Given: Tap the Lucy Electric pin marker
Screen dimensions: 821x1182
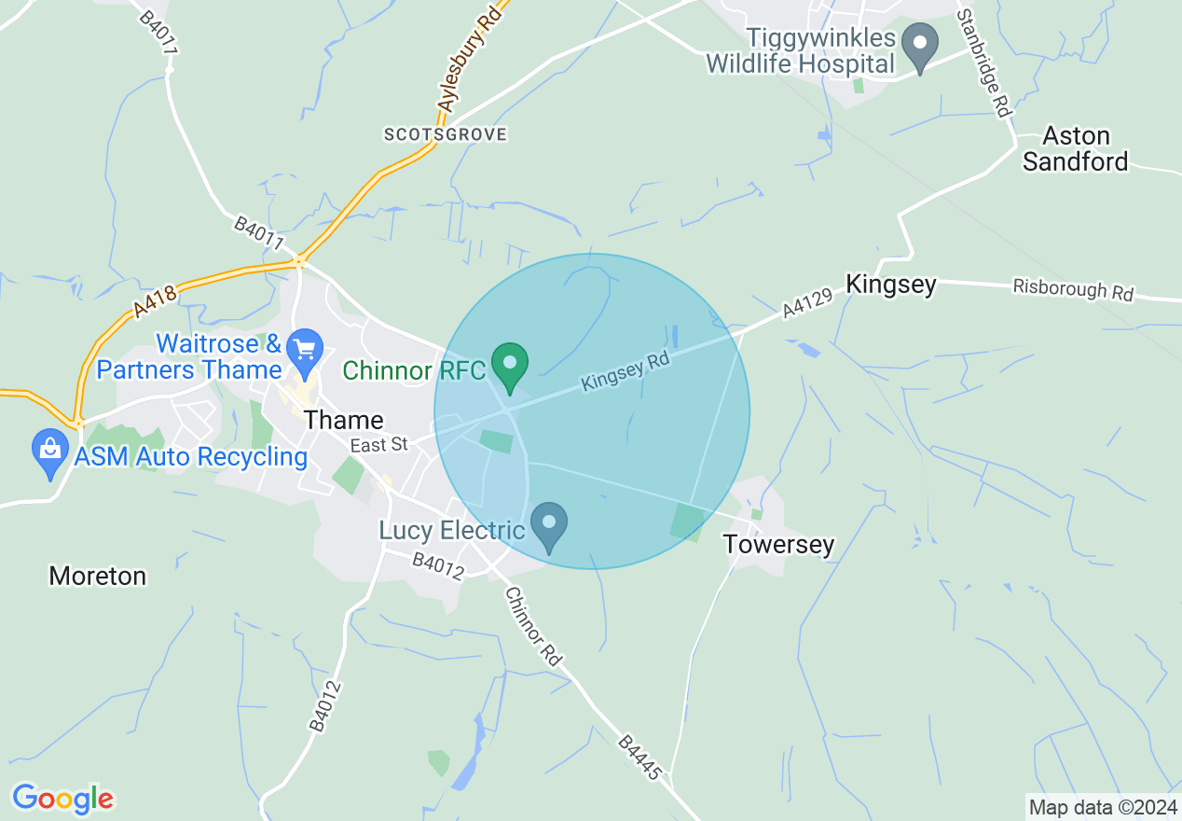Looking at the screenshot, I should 549,525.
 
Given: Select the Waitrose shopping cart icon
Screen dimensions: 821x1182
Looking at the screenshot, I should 304,351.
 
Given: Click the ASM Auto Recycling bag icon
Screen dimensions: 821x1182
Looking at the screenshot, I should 50,452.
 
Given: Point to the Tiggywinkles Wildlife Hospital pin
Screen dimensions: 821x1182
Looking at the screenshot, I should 921,47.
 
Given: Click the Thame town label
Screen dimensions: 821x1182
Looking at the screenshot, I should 344,420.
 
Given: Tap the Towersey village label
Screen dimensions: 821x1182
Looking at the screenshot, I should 778,544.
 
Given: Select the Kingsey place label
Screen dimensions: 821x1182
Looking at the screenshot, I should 890,285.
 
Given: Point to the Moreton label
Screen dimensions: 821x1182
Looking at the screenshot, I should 98,576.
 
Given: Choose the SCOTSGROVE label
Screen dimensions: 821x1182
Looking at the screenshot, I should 446,134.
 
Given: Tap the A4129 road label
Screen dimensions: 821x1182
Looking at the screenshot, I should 807,303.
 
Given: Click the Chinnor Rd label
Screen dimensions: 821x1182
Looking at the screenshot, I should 534,626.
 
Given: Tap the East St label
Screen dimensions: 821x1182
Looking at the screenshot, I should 379,445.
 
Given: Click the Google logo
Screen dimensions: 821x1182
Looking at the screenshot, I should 62,799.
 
